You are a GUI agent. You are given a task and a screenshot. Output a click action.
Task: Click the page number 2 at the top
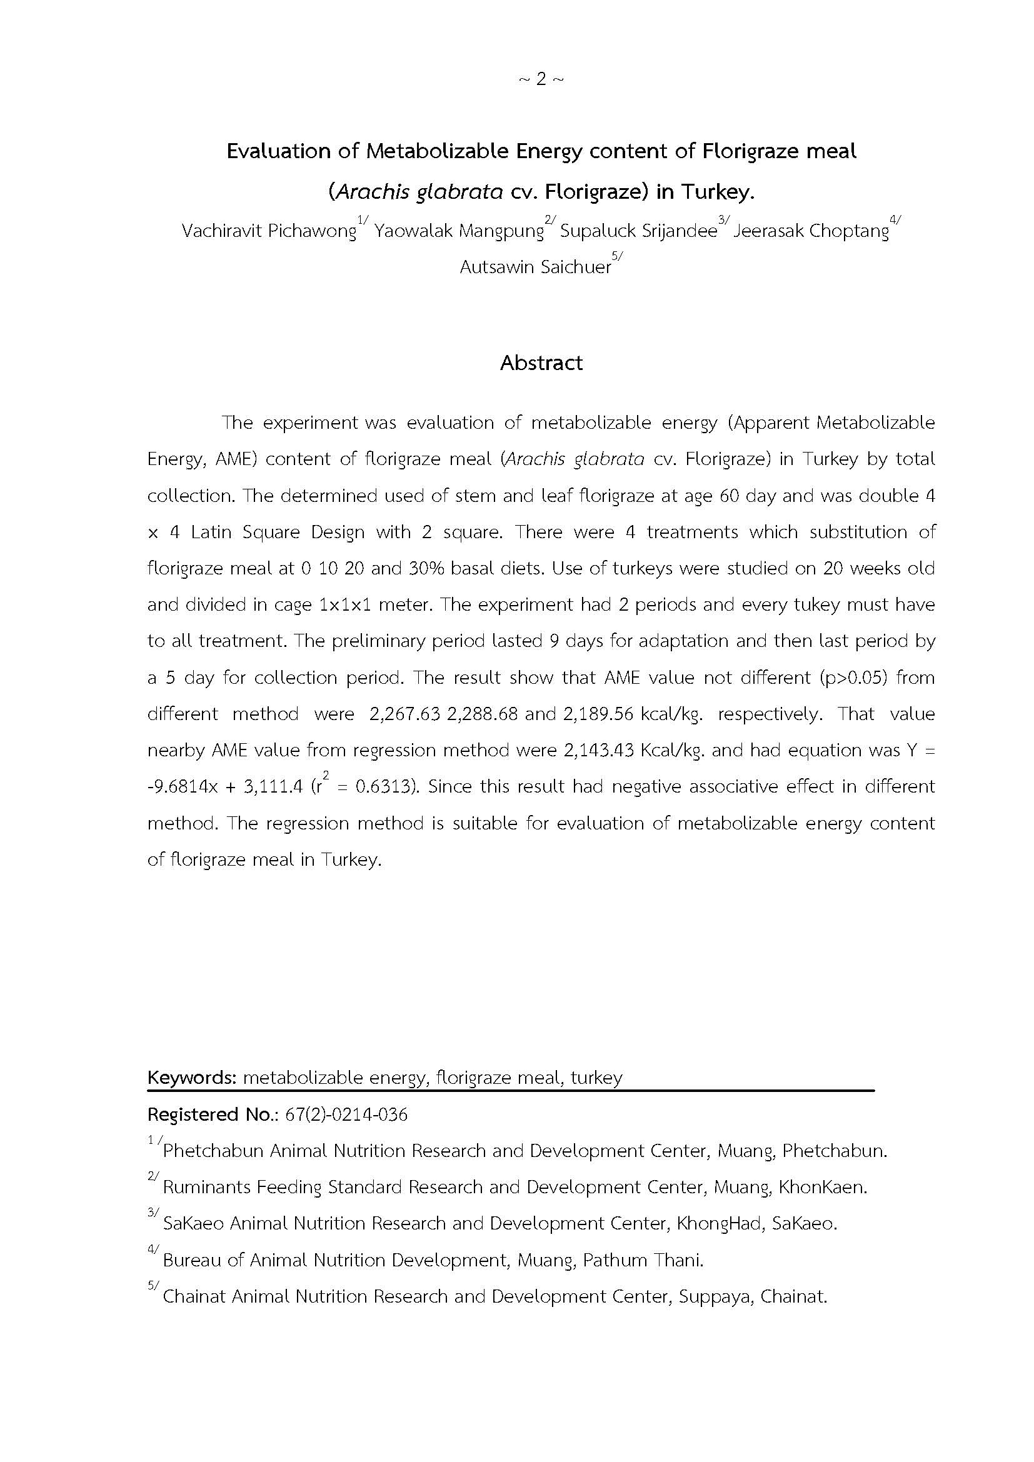click(541, 79)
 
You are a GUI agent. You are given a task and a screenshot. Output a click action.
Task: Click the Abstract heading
click(541, 363)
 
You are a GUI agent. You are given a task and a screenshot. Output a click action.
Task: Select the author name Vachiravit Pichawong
click(269, 231)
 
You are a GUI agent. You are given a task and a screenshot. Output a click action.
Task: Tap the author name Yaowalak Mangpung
click(458, 231)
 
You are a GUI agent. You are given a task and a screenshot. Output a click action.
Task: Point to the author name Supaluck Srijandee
click(639, 231)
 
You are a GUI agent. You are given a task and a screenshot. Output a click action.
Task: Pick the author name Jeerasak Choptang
click(811, 231)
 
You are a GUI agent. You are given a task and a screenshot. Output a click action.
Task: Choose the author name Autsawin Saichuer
click(536, 267)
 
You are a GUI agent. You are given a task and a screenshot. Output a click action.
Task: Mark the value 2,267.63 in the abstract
click(405, 714)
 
